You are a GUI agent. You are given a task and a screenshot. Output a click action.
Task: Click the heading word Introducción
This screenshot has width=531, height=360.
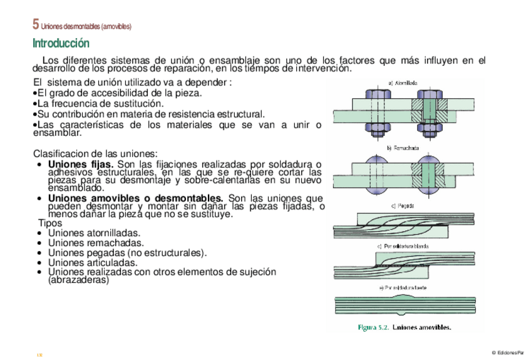click(61, 43)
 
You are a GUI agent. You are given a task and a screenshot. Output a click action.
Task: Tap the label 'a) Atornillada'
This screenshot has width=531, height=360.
click(403, 82)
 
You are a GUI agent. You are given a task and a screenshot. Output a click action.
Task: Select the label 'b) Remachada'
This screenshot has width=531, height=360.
click(403, 148)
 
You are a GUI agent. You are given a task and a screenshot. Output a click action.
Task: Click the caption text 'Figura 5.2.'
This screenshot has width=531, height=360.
click(373, 327)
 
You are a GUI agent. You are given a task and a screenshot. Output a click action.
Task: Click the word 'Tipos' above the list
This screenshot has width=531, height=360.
click(50, 223)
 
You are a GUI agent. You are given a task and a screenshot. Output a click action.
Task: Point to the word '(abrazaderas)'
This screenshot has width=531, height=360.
click(78, 280)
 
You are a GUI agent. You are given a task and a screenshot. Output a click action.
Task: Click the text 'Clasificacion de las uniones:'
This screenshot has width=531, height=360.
click(95, 153)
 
